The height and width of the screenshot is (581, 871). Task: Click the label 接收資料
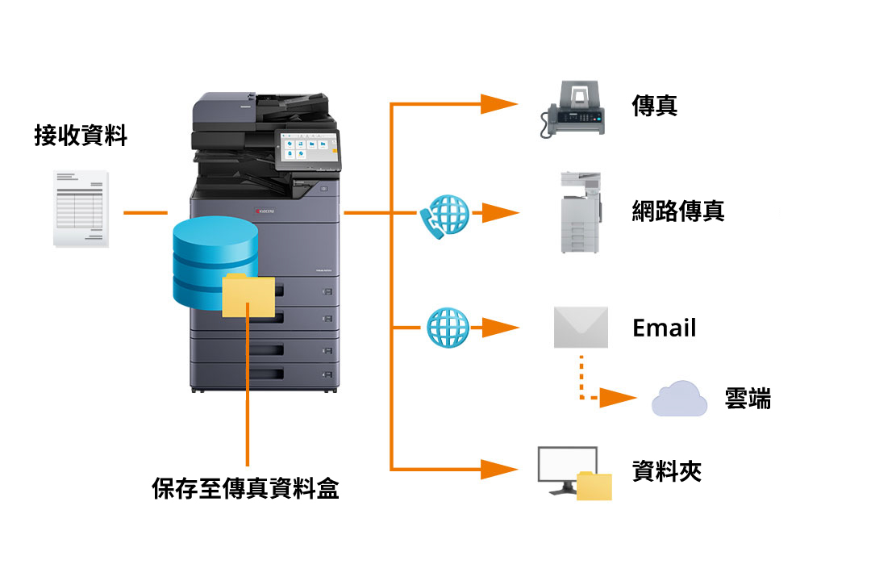pyautogui.click(x=81, y=135)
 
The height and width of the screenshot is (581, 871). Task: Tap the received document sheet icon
pyautogui.click(x=81, y=208)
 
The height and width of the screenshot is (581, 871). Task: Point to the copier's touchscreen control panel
pyautogui.click(x=306, y=150)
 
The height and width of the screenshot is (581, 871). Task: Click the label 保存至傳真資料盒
pyautogui.click(x=245, y=488)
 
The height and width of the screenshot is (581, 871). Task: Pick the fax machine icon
pyautogui.click(x=573, y=110)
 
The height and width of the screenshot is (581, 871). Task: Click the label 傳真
pyautogui.click(x=654, y=106)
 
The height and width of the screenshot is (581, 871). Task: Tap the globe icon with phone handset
pyautogui.click(x=444, y=215)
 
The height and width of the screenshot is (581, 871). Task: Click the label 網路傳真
pyautogui.click(x=677, y=211)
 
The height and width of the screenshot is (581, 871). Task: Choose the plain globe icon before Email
pyautogui.click(x=448, y=327)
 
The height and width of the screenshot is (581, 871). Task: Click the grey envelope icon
pyautogui.click(x=581, y=327)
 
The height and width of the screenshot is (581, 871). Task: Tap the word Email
pyautogui.click(x=664, y=328)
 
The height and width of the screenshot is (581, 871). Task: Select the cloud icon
pyautogui.click(x=679, y=399)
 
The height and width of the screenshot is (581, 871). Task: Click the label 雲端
pyautogui.click(x=748, y=399)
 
